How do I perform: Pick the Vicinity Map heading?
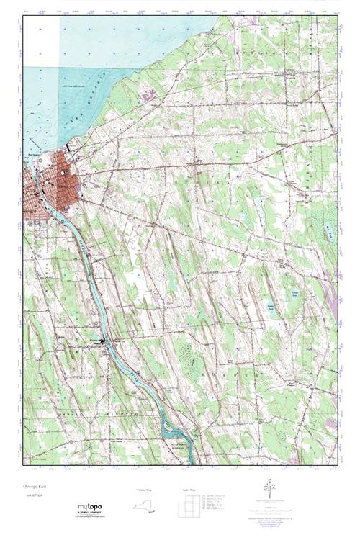coord(145,490)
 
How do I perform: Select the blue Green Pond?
coord(294,293)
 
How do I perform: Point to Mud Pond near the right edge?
coord(330,231)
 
